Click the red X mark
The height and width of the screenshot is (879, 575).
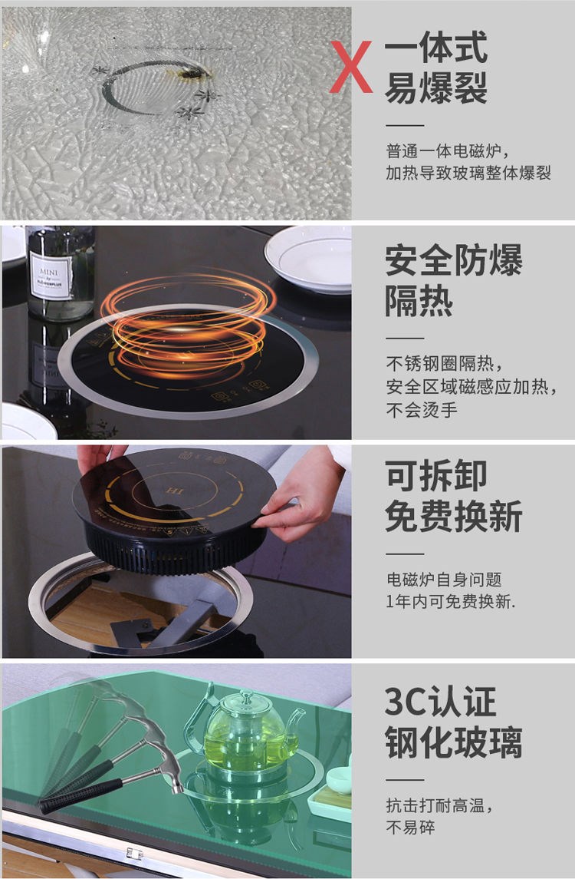tap(350, 67)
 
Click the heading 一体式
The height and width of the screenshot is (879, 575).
tap(436, 47)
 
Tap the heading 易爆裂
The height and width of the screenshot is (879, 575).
tap(436, 88)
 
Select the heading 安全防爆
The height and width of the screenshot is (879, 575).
tap(454, 260)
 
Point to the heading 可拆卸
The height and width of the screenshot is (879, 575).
tap(436, 476)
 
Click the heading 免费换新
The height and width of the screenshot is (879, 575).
tap(454, 517)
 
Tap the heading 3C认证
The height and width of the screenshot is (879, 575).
tap(440, 702)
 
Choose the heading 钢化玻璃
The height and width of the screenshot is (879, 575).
tap(454, 742)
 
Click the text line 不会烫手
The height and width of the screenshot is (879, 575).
tap(422, 410)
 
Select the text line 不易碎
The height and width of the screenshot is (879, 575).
tap(410, 827)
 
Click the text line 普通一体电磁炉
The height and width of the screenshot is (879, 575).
tap(443, 151)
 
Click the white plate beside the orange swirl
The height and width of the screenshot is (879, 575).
tap(308, 259)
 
